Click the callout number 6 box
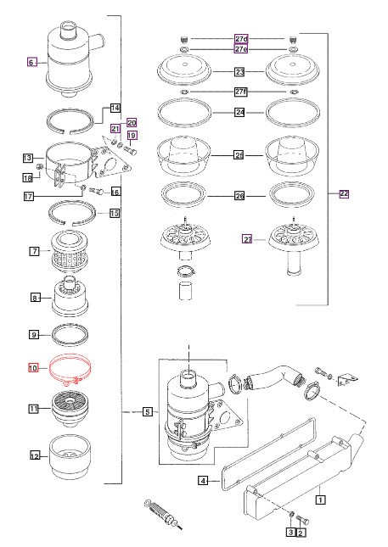(x=31, y=62)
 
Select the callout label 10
(x=34, y=368)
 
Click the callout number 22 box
(x=344, y=194)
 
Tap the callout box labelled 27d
(x=240, y=39)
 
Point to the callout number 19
(x=132, y=136)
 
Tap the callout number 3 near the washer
(x=289, y=532)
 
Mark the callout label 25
(x=240, y=156)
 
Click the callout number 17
(x=28, y=198)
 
